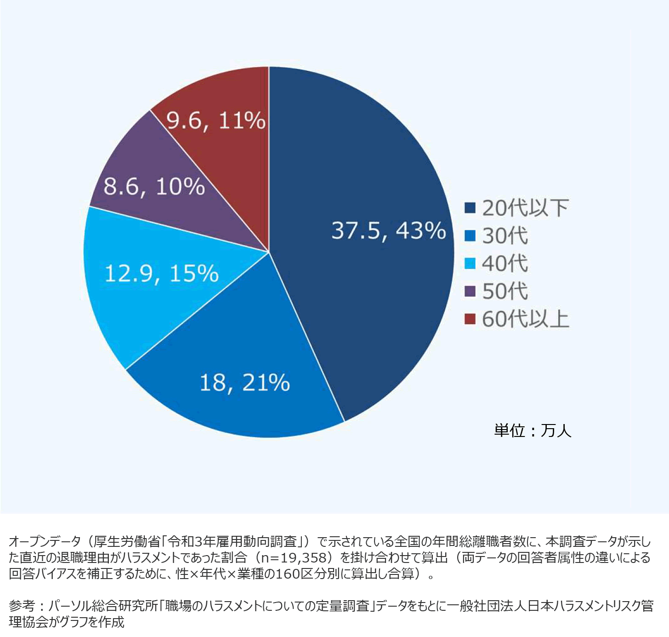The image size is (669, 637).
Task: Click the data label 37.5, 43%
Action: pyautogui.click(x=388, y=230)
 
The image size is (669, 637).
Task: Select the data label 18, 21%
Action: pyautogui.click(x=244, y=382)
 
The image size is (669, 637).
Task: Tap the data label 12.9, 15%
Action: pyautogui.click(x=161, y=273)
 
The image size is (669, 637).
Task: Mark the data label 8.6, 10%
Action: pyautogui.click(x=154, y=186)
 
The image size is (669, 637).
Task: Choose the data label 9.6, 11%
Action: pyautogui.click(x=215, y=121)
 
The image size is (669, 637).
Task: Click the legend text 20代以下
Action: pyautogui.click(x=525, y=208)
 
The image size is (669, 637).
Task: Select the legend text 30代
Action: pyautogui.click(x=505, y=236)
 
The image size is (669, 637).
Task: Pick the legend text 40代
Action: pyautogui.click(x=505, y=264)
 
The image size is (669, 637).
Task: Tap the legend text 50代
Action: pyautogui.click(x=505, y=291)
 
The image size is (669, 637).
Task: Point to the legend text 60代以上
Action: pyautogui.click(x=525, y=319)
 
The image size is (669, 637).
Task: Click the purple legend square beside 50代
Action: pyautogui.click(x=470, y=291)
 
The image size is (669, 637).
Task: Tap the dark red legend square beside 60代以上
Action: pyautogui.click(x=470, y=319)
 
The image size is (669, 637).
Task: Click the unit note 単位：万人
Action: pyautogui.click(x=533, y=430)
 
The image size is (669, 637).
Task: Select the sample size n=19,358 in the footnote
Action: pyautogui.click(x=294, y=557)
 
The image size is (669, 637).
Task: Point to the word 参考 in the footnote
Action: pyautogui.click(x=22, y=606)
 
